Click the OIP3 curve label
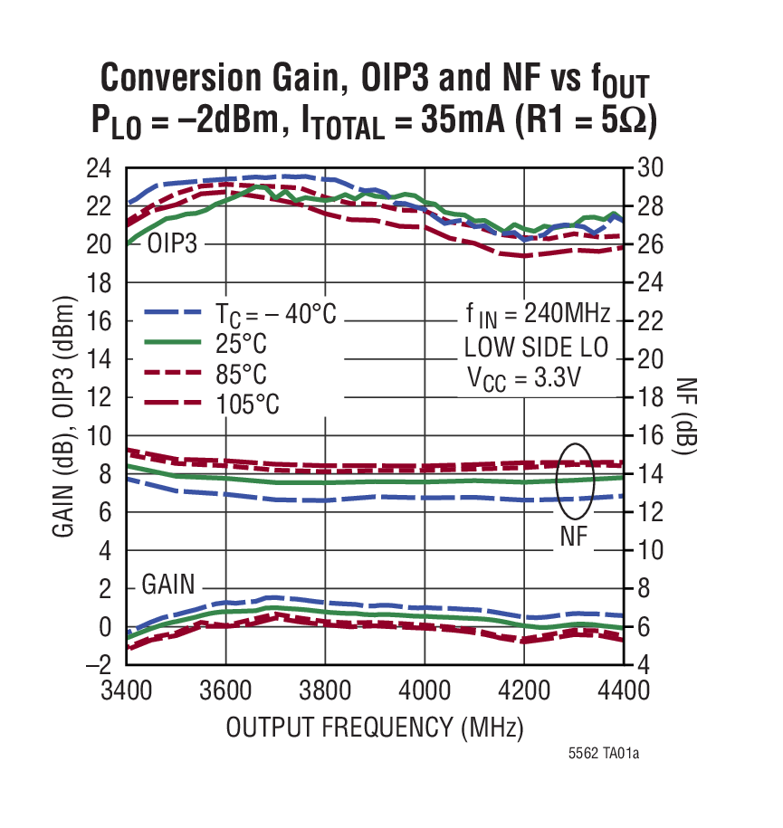[x=172, y=245]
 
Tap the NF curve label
[x=573, y=537]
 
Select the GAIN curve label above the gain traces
[x=168, y=585]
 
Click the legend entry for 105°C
[x=247, y=404]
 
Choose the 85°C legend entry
[x=242, y=374]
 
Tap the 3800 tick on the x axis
[x=325, y=691]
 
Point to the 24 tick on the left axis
[x=99, y=169]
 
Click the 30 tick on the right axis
[x=651, y=169]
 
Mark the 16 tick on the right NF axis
[x=651, y=436]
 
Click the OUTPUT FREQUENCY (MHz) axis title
[x=375, y=728]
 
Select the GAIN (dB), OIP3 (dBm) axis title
[x=63, y=416]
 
